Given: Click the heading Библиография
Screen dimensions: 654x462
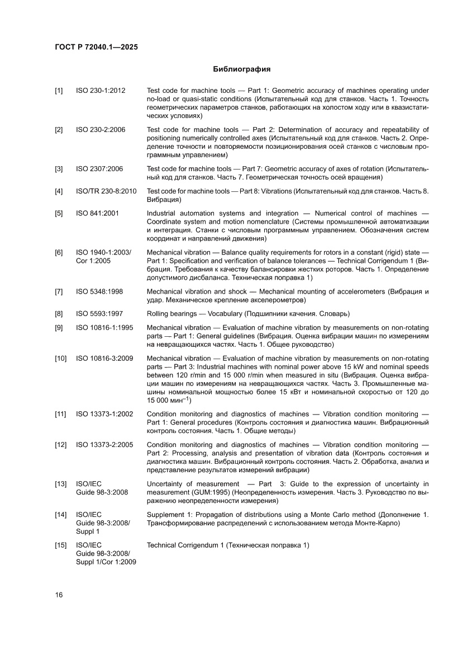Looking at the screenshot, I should (242, 69).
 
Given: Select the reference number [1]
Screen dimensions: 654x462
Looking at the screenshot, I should (59, 91).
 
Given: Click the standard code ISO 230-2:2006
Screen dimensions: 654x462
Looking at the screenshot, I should (101, 130).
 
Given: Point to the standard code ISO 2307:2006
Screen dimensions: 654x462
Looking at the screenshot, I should (99, 168).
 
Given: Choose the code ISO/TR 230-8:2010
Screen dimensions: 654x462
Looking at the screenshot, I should (106, 191).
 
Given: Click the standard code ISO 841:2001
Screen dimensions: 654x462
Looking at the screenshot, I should (97, 213).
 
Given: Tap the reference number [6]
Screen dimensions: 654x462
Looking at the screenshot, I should (59, 252).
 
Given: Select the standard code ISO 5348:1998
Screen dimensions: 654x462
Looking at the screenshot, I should (99, 291).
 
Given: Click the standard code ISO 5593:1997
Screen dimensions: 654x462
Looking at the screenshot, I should (99, 313).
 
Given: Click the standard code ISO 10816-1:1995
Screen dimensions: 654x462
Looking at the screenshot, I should (104, 327).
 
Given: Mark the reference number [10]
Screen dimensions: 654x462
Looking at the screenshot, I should (60, 358).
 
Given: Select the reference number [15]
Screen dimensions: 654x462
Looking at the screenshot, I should (60, 545).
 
